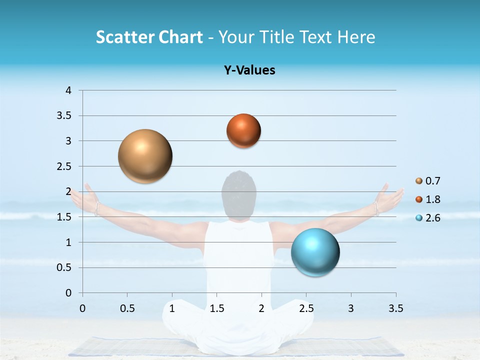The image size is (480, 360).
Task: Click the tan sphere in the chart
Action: click(x=145, y=156)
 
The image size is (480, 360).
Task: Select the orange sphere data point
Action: click(x=243, y=130)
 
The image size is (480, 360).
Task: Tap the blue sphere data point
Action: click(x=315, y=252)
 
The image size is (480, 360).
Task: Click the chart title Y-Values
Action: click(x=249, y=70)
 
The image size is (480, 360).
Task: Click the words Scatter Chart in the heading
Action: click(x=149, y=37)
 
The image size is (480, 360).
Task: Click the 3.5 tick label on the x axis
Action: click(x=395, y=308)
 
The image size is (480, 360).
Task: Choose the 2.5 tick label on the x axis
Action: click(x=306, y=308)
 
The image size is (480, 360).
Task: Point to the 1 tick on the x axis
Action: click(x=172, y=308)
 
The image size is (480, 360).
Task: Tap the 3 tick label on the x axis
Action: click(x=351, y=308)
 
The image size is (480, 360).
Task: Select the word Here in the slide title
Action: click(x=356, y=37)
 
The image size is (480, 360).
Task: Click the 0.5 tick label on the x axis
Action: click(x=127, y=308)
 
